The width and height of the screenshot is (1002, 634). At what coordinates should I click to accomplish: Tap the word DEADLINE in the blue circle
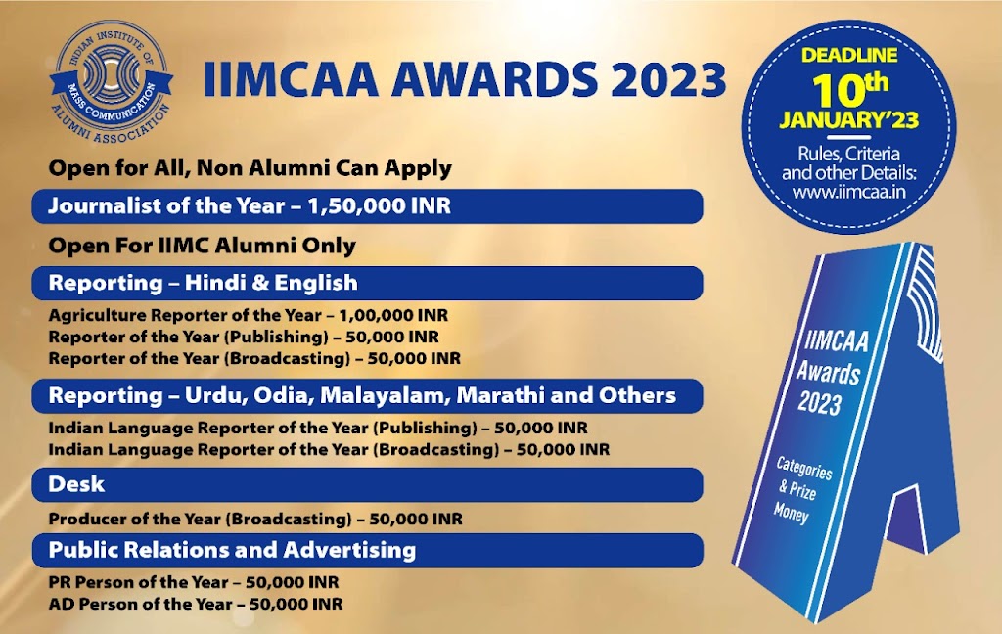click(850, 57)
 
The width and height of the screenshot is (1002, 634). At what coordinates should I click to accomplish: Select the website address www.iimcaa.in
click(847, 192)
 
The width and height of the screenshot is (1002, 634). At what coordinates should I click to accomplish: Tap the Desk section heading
click(76, 484)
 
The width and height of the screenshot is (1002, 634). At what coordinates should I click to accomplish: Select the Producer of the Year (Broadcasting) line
click(255, 518)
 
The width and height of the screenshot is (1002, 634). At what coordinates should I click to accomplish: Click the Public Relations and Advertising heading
click(232, 550)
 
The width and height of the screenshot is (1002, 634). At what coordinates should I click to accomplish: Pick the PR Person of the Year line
click(194, 583)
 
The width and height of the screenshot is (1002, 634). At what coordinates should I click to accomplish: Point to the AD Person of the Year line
click(196, 604)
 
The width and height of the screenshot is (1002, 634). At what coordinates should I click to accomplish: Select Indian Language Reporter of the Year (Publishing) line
click(318, 429)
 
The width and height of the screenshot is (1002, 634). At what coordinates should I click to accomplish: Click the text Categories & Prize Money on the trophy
click(803, 489)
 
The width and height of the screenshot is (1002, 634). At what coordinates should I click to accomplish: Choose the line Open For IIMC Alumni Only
click(202, 245)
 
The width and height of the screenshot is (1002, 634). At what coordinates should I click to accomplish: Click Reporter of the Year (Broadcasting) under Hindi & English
click(254, 359)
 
